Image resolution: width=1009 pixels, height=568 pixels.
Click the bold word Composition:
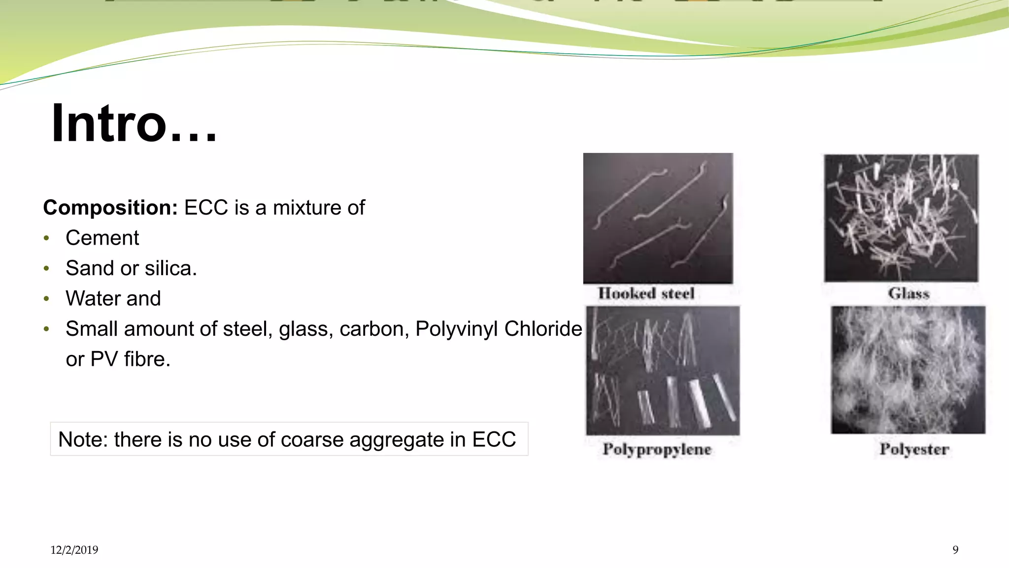[x=110, y=208]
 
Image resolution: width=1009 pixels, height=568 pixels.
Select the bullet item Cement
[x=102, y=238]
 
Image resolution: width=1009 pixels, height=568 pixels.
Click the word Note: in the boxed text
[x=83, y=439]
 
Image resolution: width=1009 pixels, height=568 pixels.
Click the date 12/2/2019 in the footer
[x=74, y=550]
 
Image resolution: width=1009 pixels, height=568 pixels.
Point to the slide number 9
[x=955, y=550]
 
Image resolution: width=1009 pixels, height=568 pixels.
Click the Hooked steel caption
[x=646, y=293]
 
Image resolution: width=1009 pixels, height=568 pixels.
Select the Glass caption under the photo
[x=908, y=293]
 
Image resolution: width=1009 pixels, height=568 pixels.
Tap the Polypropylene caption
[x=657, y=449]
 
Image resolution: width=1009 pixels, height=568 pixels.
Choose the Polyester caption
[x=914, y=449]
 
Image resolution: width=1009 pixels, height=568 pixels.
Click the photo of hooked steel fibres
[x=658, y=218]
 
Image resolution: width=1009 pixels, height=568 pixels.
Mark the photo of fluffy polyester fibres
[x=908, y=370]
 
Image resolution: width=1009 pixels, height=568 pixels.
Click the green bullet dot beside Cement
[x=46, y=239]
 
